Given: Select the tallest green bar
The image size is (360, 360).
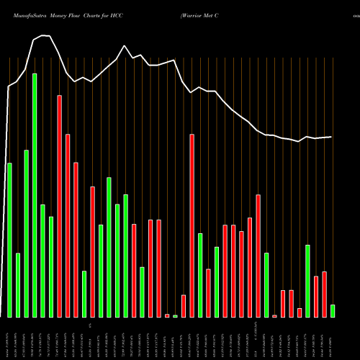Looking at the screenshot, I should (35, 195).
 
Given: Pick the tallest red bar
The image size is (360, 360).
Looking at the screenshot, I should (60, 206).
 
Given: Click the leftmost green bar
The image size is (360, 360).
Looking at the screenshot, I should (9, 240).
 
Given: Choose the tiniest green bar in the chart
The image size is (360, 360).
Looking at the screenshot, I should (175, 316).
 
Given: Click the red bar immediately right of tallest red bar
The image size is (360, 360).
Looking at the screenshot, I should (68, 225).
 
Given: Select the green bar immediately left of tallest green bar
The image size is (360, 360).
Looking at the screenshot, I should (27, 233).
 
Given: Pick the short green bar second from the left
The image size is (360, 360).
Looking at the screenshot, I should (18, 285).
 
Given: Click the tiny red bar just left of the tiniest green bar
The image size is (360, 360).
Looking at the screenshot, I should (167, 315).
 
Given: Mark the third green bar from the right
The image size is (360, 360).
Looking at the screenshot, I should (266, 284).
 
